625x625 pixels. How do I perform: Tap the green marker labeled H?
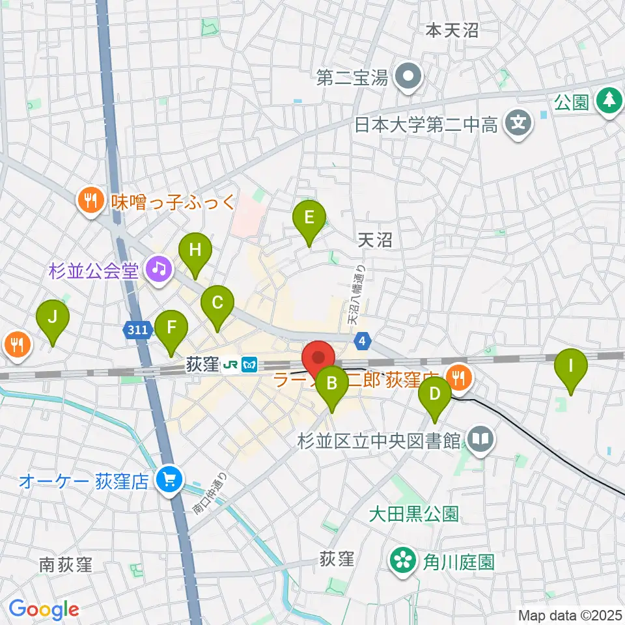coord(195,251)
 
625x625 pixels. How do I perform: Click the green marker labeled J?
coord(53,318)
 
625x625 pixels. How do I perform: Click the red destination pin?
coord(318,359)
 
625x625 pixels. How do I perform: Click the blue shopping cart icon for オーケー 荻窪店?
coord(169,482)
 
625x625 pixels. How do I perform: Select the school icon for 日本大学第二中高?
coord(518,123)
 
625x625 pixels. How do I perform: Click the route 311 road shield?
coord(137,331)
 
